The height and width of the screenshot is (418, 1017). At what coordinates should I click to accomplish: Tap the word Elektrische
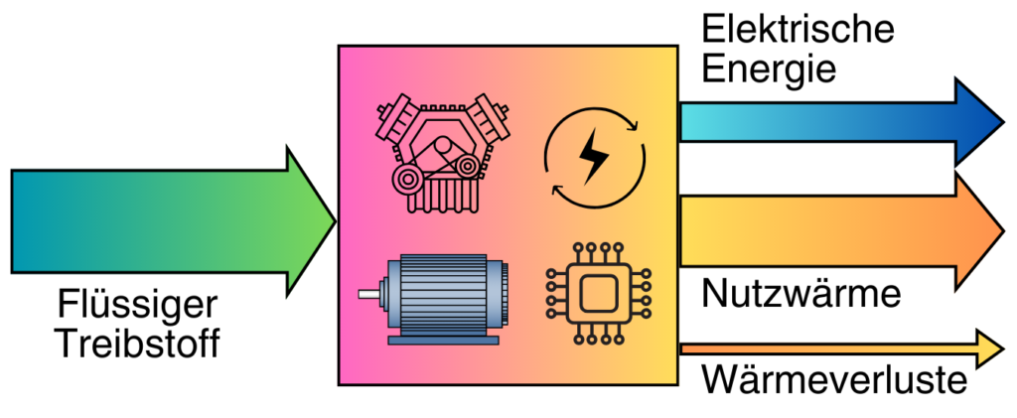point(798,30)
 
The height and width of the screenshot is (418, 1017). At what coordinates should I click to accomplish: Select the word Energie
point(768,69)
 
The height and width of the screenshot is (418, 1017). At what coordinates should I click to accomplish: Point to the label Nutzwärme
point(799,295)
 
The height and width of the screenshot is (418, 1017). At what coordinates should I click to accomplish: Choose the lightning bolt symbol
point(595,157)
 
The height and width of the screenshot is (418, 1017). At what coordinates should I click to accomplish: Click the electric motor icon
point(437,299)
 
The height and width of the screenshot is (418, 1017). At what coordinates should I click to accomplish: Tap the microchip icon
point(595,295)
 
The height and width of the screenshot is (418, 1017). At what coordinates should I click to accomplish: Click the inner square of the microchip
point(595,295)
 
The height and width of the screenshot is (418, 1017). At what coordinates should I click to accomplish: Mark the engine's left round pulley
point(407,179)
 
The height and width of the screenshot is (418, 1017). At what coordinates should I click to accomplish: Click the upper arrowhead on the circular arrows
point(628,124)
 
